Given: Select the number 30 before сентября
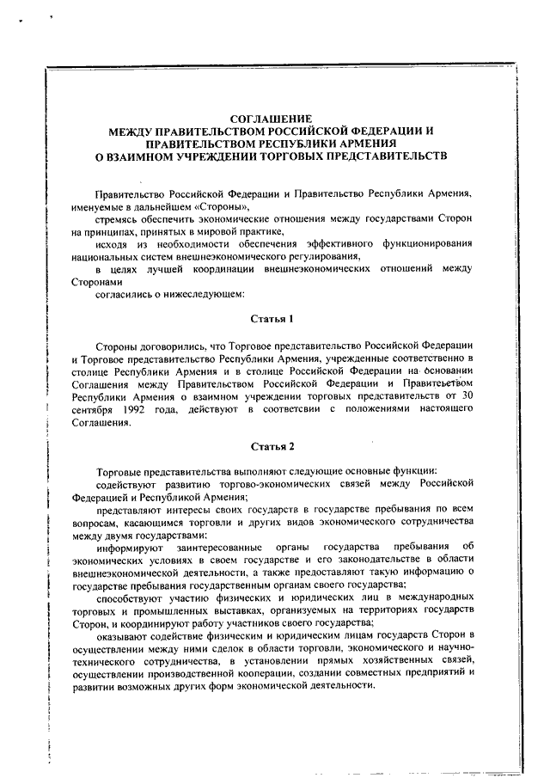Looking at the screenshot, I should [467, 397].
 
